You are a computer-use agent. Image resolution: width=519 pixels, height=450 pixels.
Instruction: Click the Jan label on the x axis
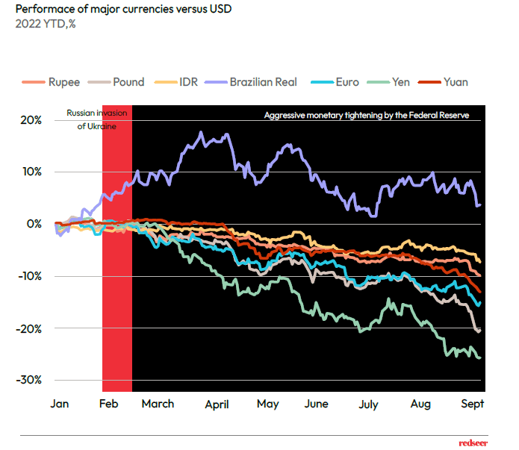[x=60, y=404]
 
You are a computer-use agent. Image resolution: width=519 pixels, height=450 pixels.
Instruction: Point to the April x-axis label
[x=217, y=404]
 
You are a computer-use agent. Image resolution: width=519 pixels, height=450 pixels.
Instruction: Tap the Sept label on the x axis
[x=472, y=404]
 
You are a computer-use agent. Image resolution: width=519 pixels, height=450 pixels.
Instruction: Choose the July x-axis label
[x=368, y=404]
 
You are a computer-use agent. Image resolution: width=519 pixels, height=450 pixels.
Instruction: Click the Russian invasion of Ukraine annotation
[x=97, y=119]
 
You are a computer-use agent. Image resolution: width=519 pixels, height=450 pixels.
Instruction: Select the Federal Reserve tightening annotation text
[x=366, y=116]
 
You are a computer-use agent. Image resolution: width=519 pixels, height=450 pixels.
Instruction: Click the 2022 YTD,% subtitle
[x=46, y=23]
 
